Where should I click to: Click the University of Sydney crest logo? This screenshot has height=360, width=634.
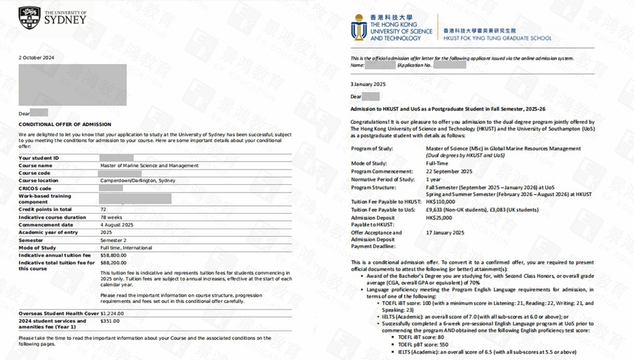tap(29, 18)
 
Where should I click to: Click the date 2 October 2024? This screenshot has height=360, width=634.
tap(37, 58)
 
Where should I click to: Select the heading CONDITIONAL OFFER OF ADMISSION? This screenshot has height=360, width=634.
tap(65, 124)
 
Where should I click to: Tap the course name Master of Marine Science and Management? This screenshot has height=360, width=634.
tap(149, 166)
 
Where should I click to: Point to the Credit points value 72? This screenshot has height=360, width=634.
tap(103, 210)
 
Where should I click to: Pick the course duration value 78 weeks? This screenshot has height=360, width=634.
tap(111, 217)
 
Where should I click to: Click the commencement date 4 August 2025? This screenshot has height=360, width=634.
tap(117, 225)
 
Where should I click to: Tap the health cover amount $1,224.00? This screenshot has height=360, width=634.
tap(113, 313)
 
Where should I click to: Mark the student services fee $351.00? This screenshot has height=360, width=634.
tap(110, 321)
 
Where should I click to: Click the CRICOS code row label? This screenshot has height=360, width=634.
tap(35, 188)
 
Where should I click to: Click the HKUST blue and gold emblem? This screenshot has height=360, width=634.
tap(359, 27)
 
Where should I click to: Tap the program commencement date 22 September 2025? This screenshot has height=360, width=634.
tap(449, 171)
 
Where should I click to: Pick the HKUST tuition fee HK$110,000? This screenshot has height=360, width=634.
tap(440, 202)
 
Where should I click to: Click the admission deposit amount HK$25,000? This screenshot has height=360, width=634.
tap(439, 218)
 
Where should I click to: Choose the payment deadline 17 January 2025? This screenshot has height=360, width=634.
tap(445, 233)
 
